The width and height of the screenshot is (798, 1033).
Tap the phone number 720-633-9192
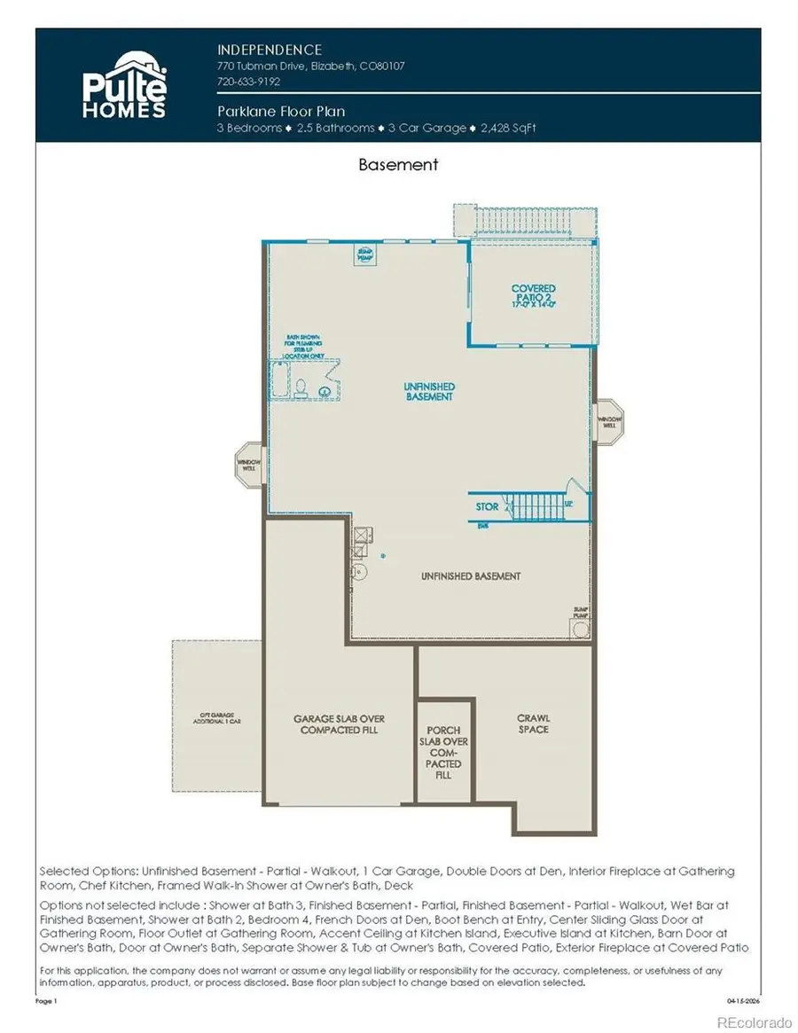pyautogui.click(x=248, y=82)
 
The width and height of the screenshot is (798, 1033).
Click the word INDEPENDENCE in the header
pyautogui.click(x=270, y=50)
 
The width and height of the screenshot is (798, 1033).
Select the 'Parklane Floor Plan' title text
pyautogui.click(x=281, y=112)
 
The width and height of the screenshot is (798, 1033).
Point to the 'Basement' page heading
pyautogui.click(x=398, y=164)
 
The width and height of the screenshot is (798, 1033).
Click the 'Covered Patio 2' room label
pyautogui.click(x=533, y=293)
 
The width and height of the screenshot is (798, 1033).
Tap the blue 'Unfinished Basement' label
pyautogui.click(x=429, y=392)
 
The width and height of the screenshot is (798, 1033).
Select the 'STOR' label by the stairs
pyautogui.click(x=487, y=507)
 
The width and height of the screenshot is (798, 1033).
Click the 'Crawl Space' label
pyautogui.click(x=535, y=724)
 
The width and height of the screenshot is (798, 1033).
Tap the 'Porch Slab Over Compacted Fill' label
pyautogui.click(x=443, y=752)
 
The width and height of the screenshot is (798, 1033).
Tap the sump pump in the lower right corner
pyautogui.click(x=580, y=627)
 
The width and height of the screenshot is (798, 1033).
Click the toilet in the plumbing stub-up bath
pyautogui.click(x=302, y=387)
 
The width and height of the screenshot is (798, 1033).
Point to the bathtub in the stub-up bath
pyautogui.click(x=282, y=380)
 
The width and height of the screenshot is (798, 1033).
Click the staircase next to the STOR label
pyautogui.click(x=532, y=507)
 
